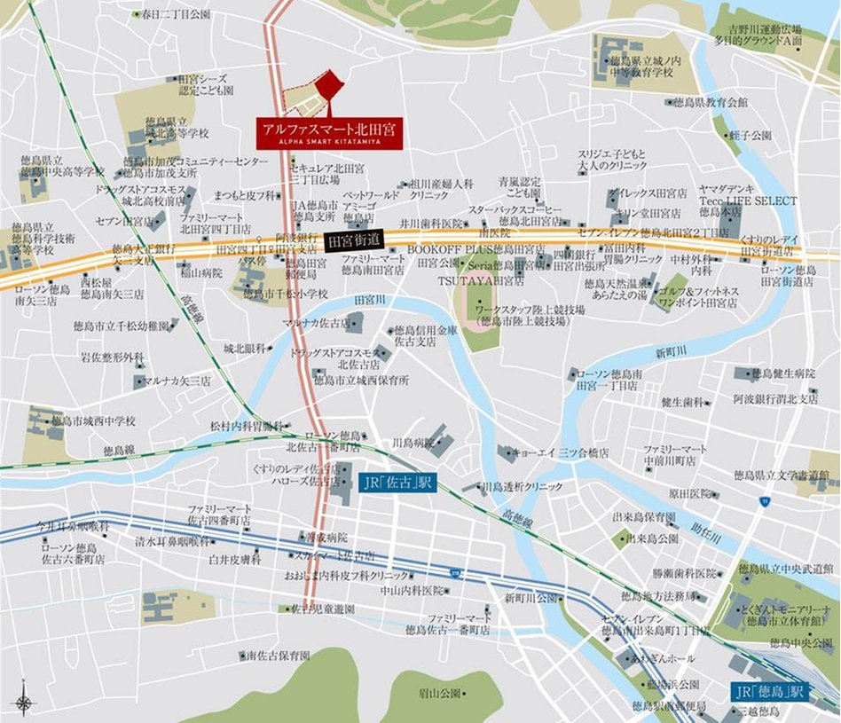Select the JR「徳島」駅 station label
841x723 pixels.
click(769, 691)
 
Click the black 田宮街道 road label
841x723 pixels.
click(354, 240)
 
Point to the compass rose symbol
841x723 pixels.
click(25, 703)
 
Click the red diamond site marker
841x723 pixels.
click(329, 86)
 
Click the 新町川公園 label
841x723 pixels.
click(530, 598)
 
